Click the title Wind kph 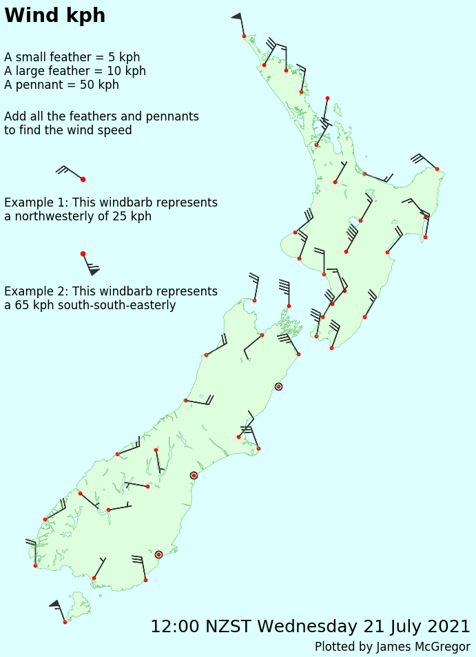coord(55,16)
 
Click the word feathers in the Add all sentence coord(105,116)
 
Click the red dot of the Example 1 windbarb coord(83,179)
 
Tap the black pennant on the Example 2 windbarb coord(94,271)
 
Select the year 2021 coord(448,627)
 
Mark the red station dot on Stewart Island coord(65,622)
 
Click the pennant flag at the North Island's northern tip coord(236,16)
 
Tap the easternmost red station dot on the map coord(437,169)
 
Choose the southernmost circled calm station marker coord(158,554)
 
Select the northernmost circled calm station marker coord(278,386)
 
